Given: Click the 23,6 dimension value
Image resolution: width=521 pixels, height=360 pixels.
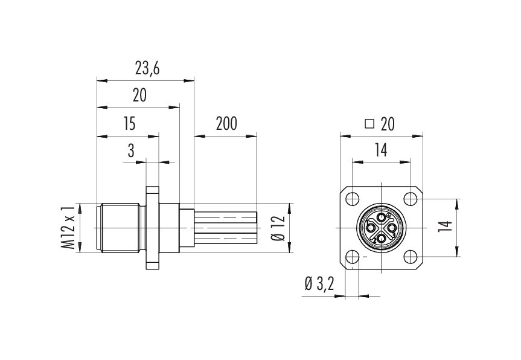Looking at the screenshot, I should (x=147, y=69).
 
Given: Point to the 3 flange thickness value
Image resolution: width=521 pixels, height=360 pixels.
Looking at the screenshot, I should (x=131, y=151).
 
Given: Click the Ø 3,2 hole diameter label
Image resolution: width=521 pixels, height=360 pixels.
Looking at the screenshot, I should (x=320, y=284).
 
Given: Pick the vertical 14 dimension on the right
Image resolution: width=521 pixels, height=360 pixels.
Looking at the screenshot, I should (x=446, y=228).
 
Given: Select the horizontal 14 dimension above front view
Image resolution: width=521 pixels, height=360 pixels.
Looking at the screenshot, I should (x=380, y=151).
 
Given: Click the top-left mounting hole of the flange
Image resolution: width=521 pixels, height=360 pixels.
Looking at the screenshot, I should (x=352, y=198).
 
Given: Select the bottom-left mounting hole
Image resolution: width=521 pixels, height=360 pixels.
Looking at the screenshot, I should (x=352, y=257).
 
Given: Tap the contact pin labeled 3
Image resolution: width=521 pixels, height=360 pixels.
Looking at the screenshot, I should (x=392, y=228).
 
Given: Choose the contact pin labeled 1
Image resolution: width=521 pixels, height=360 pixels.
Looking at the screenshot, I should (x=370, y=228).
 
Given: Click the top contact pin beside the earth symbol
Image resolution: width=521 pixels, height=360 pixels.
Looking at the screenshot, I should (x=381, y=217).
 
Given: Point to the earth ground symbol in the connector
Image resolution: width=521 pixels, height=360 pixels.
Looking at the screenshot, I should (x=389, y=216).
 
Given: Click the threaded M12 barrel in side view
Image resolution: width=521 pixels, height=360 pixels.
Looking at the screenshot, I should (x=118, y=227).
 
